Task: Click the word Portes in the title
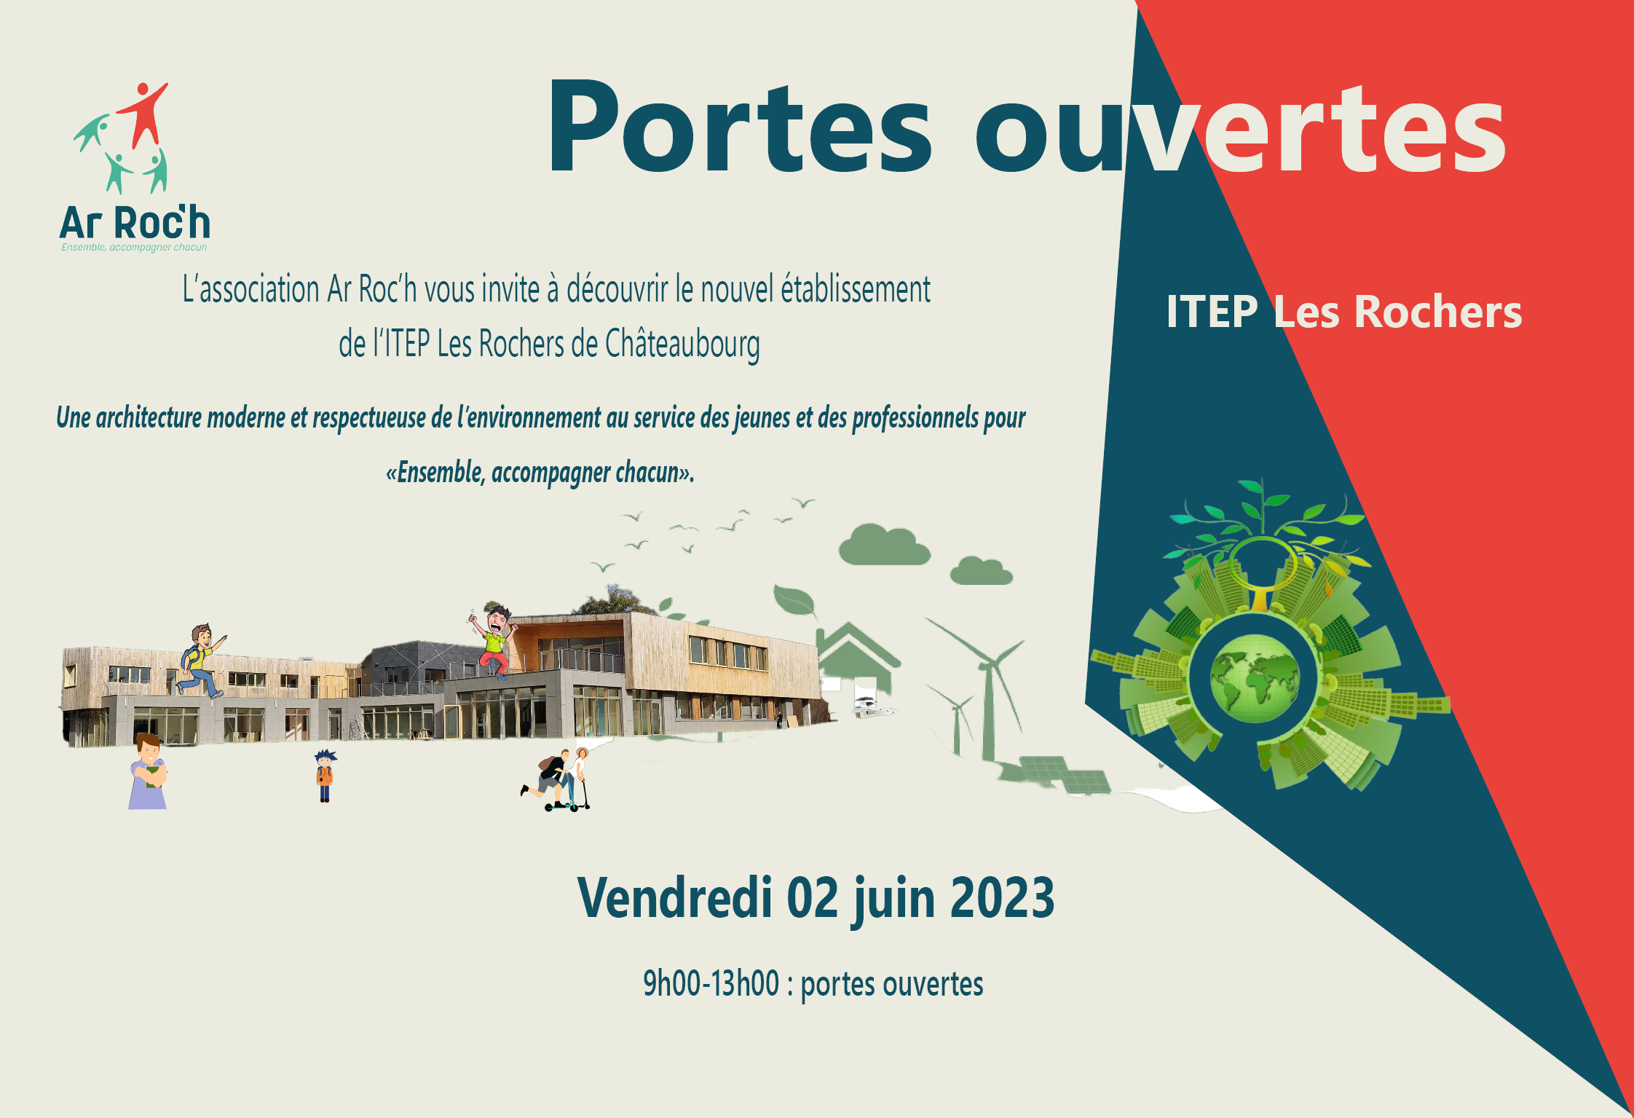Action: pos(739,128)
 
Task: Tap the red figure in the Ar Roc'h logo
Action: pos(145,114)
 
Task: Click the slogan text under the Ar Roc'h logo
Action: pos(134,248)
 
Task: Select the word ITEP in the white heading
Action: pos(1212,312)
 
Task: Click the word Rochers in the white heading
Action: pos(1437,312)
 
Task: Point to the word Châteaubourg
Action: pos(682,345)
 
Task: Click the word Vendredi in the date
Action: pos(674,897)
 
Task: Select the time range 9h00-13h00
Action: pos(711,983)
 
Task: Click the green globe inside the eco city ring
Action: pos(1255,678)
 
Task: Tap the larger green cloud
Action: pos(884,545)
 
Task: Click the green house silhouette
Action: pos(858,656)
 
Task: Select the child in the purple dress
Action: pos(149,772)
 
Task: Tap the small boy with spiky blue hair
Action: pos(325,776)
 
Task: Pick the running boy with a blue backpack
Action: pos(201,661)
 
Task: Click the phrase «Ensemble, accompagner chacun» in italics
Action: pos(539,473)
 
